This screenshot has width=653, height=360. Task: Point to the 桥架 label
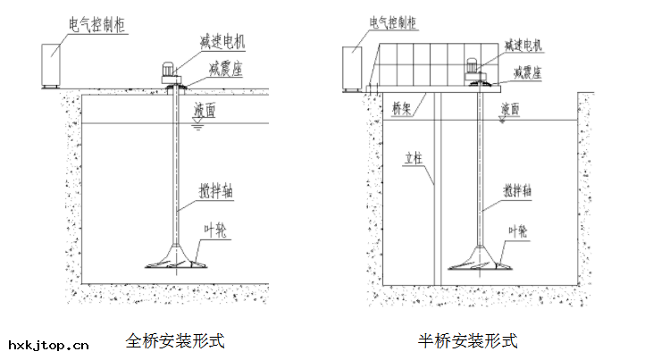click(402, 108)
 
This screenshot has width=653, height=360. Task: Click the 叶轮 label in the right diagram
click(519, 230)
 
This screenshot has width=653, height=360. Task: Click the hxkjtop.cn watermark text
click(48, 344)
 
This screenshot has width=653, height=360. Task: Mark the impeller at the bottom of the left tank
click(177, 260)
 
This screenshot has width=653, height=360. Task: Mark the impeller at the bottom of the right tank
click(480, 260)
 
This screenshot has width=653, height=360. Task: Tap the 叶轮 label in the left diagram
click(215, 230)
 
